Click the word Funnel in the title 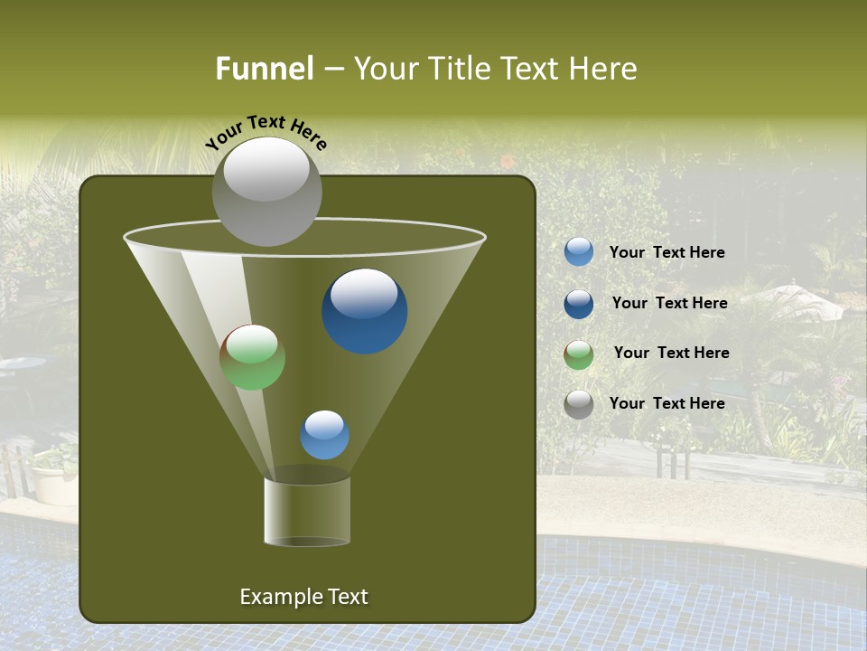(x=264, y=69)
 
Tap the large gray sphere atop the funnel (x=266, y=192)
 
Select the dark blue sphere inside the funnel (x=365, y=312)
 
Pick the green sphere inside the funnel (x=252, y=357)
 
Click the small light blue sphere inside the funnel (x=324, y=435)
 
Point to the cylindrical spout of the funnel (x=307, y=511)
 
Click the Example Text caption (x=303, y=597)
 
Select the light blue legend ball (x=579, y=252)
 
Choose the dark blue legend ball (x=579, y=304)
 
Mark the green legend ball (x=579, y=354)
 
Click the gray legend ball (x=579, y=404)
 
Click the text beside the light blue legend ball (x=667, y=253)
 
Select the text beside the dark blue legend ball (x=669, y=304)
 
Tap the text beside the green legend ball (x=671, y=354)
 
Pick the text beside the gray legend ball (x=667, y=404)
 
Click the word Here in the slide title (x=602, y=69)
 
